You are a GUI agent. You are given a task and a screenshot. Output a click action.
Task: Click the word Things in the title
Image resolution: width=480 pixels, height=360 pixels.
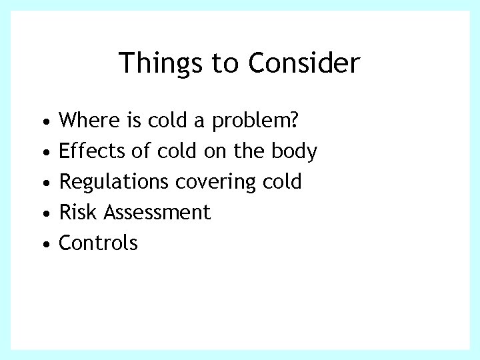click(161, 64)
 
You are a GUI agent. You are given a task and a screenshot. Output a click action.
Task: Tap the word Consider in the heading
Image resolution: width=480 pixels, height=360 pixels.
click(304, 64)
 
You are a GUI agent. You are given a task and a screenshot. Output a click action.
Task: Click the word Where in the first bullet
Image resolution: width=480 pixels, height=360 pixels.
click(88, 121)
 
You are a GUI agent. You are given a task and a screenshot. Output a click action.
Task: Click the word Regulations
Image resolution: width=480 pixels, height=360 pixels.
click(113, 182)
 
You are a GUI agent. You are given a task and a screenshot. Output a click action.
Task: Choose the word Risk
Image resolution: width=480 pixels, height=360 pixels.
click(74, 213)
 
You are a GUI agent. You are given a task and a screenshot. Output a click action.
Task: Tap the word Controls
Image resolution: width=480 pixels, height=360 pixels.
click(99, 243)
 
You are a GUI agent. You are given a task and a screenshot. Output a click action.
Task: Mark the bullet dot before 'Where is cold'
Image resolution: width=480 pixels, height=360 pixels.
click(44, 123)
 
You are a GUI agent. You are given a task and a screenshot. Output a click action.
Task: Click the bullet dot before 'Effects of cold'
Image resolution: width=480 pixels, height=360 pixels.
click(44, 153)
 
